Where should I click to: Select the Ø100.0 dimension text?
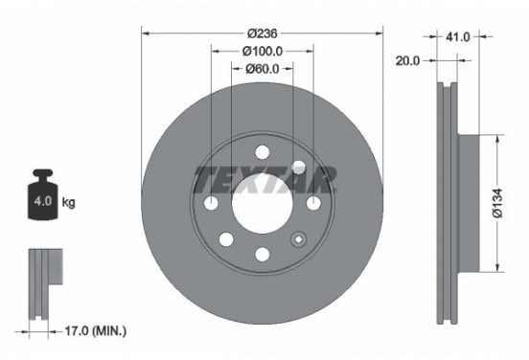tap(262, 49)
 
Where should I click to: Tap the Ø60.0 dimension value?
tap(262, 68)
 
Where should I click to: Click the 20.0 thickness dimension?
tap(409, 59)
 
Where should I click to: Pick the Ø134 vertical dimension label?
tap(511, 202)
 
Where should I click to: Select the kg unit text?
tap(68, 204)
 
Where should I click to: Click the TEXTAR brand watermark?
tap(264, 178)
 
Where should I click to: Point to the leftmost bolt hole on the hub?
tap(212, 203)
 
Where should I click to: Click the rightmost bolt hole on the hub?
tap(313, 202)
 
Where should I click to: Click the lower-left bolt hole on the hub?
tap(227, 240)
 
